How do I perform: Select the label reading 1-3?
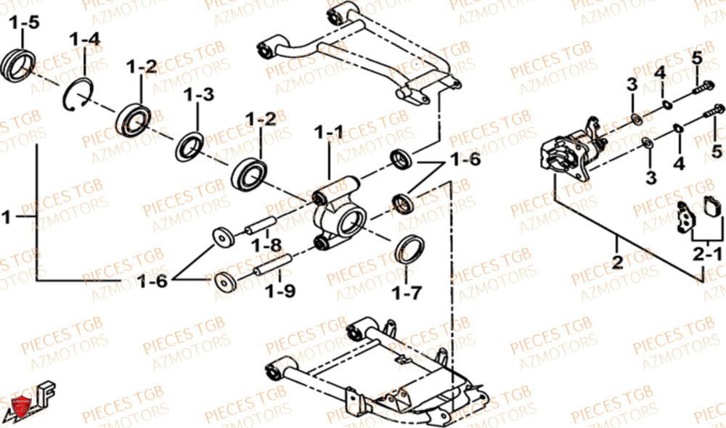coord(198,95)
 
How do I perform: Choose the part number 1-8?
coord(266,246)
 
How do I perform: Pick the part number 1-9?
coord(280,292)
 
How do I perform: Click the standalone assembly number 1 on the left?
coord(7,216)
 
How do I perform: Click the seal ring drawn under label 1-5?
coord(18,62)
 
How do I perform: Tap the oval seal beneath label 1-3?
coord(191,145)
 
